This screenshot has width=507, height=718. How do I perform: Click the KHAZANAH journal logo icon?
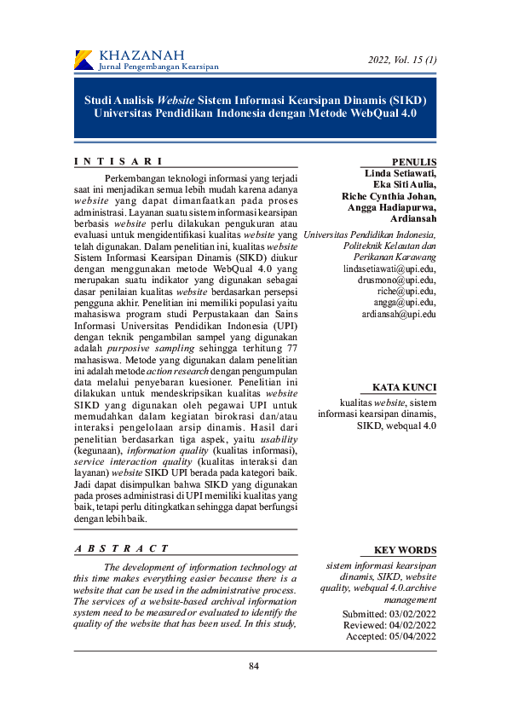(84, 60)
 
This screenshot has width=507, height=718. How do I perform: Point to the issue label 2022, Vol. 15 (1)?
(402, 60)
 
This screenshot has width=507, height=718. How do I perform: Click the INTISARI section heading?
(118, 161)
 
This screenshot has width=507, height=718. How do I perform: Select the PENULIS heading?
(414, 162)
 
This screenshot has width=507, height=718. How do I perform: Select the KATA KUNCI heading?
(405, 387)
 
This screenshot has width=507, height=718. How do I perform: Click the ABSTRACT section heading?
(121, 548)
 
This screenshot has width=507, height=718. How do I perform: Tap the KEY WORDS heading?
(406, 550)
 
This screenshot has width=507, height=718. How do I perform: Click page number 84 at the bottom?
(254, 666)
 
